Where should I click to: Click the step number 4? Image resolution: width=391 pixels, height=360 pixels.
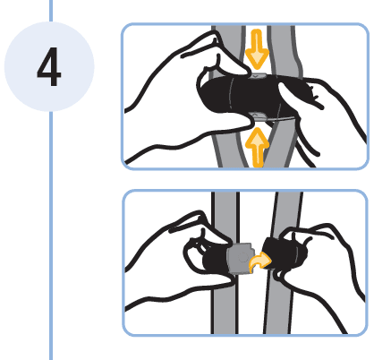(49, 67)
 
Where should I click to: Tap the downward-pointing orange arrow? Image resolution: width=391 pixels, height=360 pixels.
(257, 49)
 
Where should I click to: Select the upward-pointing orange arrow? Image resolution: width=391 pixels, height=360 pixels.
(257, 147)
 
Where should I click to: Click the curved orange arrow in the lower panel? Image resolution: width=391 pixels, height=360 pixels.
(260, 261)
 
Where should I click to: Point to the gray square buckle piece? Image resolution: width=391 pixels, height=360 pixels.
(241, 259)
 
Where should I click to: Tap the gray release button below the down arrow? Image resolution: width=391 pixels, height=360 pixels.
(257, 75)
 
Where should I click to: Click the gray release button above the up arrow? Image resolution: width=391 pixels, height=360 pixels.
(258, 116)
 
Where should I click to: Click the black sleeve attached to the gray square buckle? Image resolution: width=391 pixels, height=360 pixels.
(216, 258)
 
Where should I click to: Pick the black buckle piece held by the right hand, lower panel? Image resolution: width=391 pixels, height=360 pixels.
(284, 253)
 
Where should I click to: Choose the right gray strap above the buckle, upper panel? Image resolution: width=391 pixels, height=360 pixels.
(285, 51)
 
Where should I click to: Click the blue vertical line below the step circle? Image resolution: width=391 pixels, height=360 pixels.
(51, 236)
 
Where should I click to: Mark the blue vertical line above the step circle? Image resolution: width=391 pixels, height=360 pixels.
(51, 11)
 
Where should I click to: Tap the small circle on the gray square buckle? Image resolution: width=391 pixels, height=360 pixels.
(243, 257)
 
